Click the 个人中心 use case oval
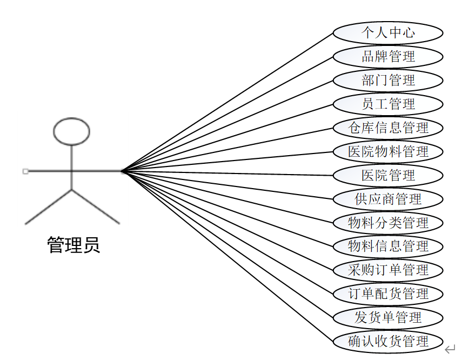pos(388,33)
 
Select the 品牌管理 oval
pos(388,57)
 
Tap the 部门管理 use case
pos(388,81)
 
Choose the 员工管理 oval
pos(388,104)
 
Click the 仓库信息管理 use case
pos(388,128)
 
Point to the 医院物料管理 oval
pos(388,152)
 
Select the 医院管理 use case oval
pos(388,176)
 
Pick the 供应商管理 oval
pos(388,199)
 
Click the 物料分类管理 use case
pos(388,223)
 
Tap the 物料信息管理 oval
pos(388,246)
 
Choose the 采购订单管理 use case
pos(388,270)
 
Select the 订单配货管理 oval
pos(388,294)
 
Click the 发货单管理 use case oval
pos(388,318)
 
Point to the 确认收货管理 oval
pos(388,342)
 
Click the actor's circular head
pos(71,131)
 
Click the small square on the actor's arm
pos(25,171)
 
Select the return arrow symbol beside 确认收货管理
pos(450,349)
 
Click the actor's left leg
pos(49,206)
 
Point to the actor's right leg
pos(95,206)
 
